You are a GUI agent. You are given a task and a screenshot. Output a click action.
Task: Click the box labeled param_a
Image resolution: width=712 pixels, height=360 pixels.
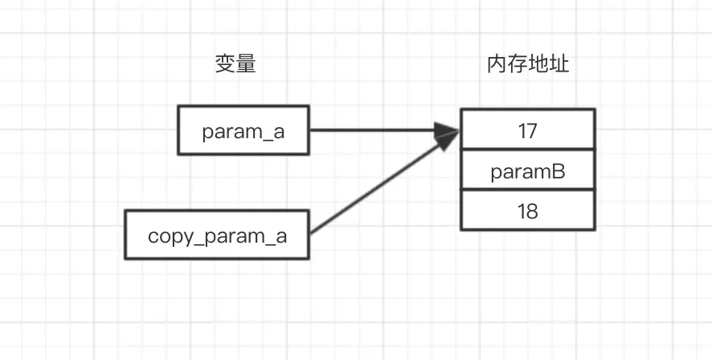[243, 130]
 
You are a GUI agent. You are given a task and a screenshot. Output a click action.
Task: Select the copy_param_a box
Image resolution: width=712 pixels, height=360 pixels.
[217, 236]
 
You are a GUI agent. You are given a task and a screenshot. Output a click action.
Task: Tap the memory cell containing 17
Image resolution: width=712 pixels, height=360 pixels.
[527, 130]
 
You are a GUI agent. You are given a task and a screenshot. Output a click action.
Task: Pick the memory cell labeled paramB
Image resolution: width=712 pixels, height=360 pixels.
[527, 170]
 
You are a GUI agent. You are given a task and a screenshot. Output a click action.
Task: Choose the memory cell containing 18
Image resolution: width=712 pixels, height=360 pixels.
[527, 211]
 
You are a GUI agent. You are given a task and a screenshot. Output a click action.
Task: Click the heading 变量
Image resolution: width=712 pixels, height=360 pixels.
[235, 65]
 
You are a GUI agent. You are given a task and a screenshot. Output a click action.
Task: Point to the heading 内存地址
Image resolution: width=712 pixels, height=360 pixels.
[528, 65]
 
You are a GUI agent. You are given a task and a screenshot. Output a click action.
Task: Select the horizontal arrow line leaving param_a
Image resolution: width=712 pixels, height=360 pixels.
[370, 130]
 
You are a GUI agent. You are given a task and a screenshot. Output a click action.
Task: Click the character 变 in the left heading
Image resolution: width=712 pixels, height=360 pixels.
[225, 65]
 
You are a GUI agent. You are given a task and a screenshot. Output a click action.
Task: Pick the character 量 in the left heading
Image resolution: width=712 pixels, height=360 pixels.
[245, 65]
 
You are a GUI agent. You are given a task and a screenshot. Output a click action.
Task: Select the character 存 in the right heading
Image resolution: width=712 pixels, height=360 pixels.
[518, 65]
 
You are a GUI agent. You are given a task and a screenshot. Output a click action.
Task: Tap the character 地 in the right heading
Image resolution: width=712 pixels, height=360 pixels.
[538, 65]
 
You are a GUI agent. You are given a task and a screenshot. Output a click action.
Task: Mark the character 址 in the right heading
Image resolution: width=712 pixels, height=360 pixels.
[559, 65]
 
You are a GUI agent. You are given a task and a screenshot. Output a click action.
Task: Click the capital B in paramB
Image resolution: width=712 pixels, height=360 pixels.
[559, 170]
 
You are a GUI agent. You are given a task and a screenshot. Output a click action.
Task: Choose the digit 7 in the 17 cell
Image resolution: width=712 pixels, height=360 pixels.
[532, 130]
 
